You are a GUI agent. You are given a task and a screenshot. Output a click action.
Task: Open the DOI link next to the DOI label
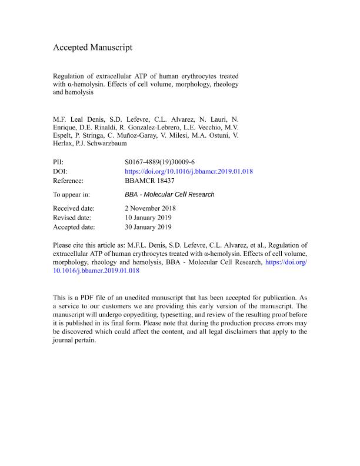(x=189, y=171)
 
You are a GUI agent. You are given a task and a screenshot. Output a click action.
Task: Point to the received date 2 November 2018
(x=151, y=208)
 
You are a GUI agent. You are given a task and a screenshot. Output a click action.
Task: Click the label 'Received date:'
(x=74, y=208)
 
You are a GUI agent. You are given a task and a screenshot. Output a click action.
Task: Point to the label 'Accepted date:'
(x=74, y=227)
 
